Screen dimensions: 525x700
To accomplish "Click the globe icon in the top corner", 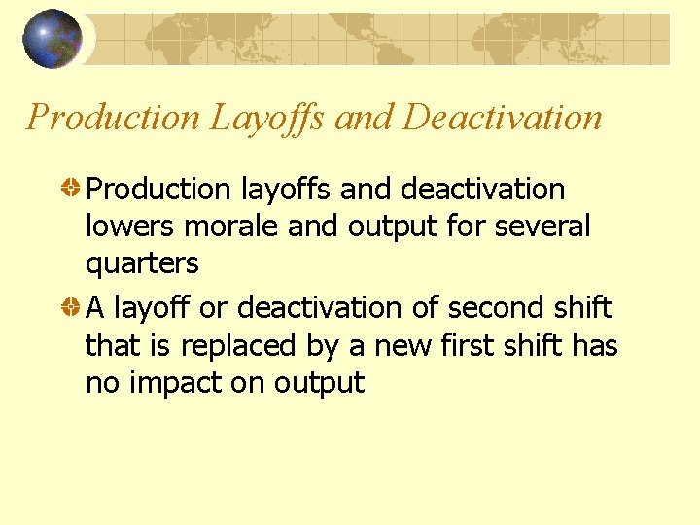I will tap(52, 38).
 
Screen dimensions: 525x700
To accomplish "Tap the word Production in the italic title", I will tap(112, 118).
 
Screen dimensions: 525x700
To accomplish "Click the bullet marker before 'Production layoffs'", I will tap(72, 189).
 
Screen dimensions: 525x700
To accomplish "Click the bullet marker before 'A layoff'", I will tap(72, 308).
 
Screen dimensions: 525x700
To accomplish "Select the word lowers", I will tap(131, 227).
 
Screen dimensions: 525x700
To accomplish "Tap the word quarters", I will tap(142, 264).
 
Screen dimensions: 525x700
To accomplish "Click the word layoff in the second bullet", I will tap(153, 308).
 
